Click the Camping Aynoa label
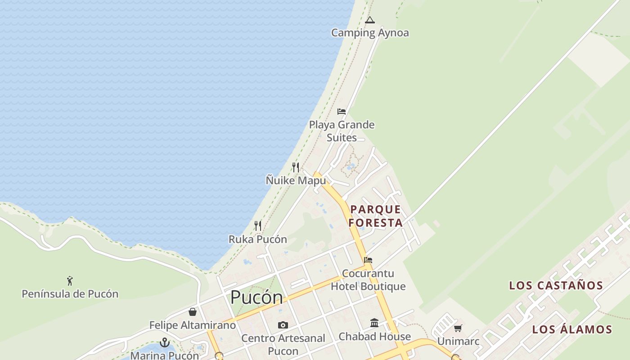coord(370,33)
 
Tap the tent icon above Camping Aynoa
coord(370,20)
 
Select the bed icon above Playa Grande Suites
coord(342,112)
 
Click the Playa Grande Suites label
coord(342,131)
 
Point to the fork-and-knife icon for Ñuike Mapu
coord(296,167)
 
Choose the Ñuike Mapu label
coord(296,180)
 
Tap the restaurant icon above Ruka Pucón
coord(258,226)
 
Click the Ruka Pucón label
coord(258,239)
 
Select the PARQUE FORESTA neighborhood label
coord(376,216)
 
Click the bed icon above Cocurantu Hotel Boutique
coord(368,260)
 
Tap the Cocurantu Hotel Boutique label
coord(368,280)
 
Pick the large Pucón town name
coord(256,297)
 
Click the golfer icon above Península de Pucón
coord(70,281)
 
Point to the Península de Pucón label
coord(70,294)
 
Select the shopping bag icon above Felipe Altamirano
coord(193,312)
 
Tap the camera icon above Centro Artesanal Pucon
coord(283,325)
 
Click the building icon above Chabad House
coord(374,323)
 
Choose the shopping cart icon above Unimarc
coord(458,328)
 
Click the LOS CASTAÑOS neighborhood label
coord(556,285)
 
